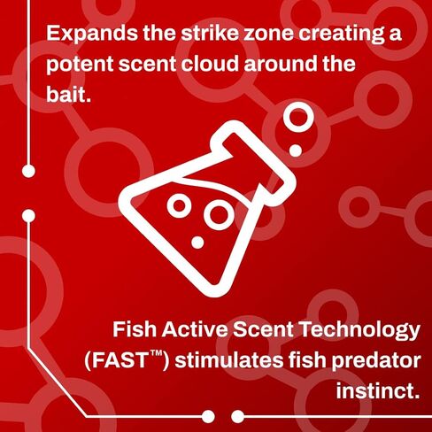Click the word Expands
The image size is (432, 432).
(x=92, y=34)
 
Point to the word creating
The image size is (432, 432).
(x=342, y=35)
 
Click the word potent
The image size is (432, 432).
(x=80, y=64)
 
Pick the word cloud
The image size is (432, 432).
(x=209, y=63)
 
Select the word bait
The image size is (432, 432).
(x=68, y=94)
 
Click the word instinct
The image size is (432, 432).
(x=378, y=390)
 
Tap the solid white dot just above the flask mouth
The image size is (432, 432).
(x=296, y=150)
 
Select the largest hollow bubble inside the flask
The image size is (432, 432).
(x=219, y=215)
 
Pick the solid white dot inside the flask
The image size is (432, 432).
(x=197, y=243)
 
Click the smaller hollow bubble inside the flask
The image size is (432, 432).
(x=179, y=205)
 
